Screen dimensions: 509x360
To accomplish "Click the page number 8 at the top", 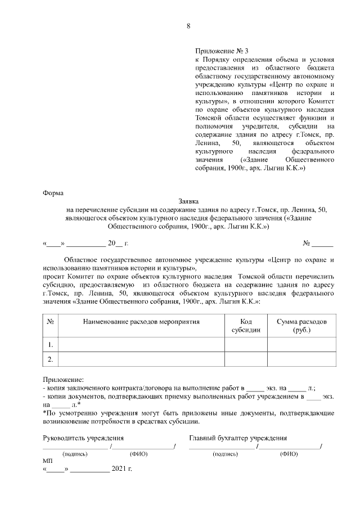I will point(188,26).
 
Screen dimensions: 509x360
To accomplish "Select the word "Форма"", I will point(53,193).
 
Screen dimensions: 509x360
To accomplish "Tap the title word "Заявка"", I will point(188,201).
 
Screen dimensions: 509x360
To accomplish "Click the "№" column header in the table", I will point(51,322).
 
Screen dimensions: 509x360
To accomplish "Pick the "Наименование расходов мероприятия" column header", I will point(141,322).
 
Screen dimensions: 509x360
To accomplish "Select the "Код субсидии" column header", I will point(246,326).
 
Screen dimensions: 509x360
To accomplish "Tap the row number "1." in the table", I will point(51,344).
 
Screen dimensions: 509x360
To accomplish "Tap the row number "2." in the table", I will point(51,359).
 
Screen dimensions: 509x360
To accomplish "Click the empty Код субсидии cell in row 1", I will point(246,344).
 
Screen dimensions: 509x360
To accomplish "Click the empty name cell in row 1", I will point(141,344).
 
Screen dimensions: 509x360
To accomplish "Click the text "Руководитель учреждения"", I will point(84,438).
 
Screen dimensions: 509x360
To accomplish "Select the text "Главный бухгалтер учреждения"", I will point(238,438).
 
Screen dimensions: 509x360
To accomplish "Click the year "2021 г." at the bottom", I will point(121,469).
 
